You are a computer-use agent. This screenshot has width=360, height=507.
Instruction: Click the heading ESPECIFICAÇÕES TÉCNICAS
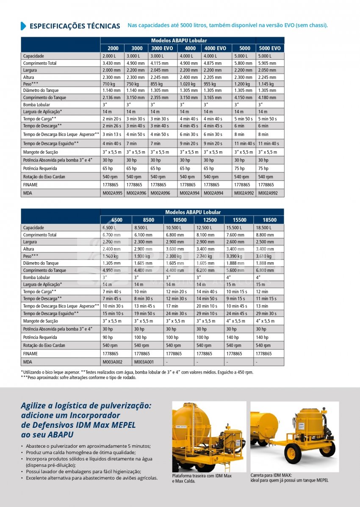tap(75, 26)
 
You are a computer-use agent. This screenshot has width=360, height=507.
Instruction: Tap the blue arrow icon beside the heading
tap(23, 26)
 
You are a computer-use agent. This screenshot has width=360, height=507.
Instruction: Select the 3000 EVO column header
tap(162, 48)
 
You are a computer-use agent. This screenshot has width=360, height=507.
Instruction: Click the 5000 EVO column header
tap(270, 48)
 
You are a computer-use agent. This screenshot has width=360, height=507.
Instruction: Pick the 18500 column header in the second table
tap(269, 220)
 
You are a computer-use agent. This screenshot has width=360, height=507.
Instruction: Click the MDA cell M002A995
tap(112, 193)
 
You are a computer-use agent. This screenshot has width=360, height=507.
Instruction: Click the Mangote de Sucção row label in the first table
tap(41, 152)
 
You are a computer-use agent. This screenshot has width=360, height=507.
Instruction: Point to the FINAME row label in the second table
tap(30, 353)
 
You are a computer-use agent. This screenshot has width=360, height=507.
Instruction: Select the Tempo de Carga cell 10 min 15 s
tap(237, 291)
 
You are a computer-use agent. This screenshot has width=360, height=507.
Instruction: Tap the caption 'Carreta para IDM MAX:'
tap(271, 475)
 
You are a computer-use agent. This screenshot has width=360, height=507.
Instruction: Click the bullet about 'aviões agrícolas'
tap(91, 478)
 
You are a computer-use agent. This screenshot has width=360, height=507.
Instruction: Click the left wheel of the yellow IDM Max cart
tap(292, 453)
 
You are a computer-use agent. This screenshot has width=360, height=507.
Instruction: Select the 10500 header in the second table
tap(180, 220)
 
